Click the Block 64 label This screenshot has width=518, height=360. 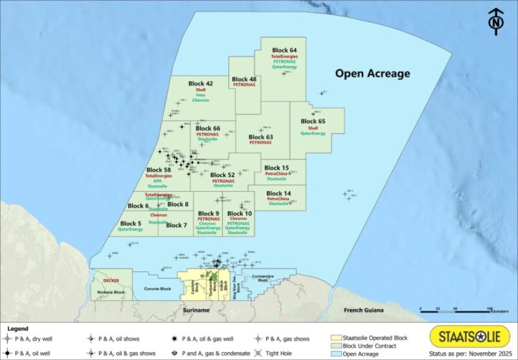point(284,49)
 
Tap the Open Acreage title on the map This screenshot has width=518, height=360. point(372,74)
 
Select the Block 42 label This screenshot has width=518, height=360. point(200,83)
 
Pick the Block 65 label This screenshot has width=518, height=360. point(313,121)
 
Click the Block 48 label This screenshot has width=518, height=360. point(244,79)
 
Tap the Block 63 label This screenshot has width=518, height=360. point(260,136)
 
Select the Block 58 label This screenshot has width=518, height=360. point(158,170)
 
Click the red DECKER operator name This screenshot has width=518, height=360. point(111,280)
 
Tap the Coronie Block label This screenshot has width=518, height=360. point(158,289)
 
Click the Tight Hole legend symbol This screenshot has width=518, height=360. point(259,353)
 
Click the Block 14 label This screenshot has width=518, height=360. point(279,193)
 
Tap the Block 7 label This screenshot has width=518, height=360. point(177,225)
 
